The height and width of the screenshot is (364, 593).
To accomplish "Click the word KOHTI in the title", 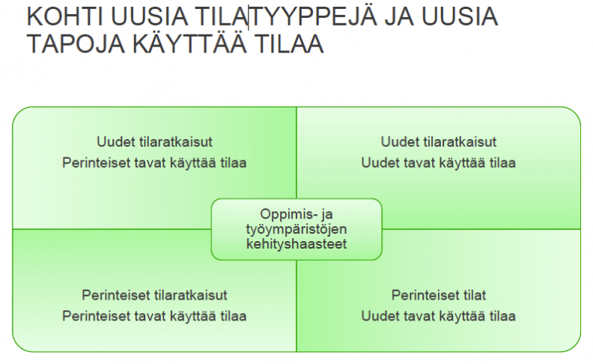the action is pyautogui.click(x=64, y=16).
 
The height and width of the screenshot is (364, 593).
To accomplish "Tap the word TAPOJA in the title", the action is pyautogui.click(x=76, y=43).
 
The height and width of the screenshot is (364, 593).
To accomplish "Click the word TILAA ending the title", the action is pyautogui.click(x=289, y=43).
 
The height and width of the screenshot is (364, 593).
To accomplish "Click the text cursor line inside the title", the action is pyautogui.click(x=249, y=17).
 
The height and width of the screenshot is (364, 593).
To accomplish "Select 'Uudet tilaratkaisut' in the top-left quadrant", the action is pyautogui.click(x=154, y=142).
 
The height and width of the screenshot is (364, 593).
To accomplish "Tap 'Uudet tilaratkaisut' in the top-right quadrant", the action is pyautogui.click(x=438, y=142).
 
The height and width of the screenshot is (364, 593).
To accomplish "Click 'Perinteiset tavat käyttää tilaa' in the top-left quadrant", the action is pyautogui.click(x=154, y=163).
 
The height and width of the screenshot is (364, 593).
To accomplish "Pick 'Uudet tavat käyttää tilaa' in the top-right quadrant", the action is pyautogui.click(x=438, y=163).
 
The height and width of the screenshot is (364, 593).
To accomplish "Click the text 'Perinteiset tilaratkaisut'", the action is pyautogui.click(x=154, y=295).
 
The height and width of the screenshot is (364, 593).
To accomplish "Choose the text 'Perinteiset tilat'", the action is pyautogui.click(x=439, y=295).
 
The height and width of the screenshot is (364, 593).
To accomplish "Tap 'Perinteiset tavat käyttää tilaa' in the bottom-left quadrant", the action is pyautogui.click(x=154, y=316).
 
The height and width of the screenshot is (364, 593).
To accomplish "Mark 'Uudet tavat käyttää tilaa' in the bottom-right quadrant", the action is pyautogui.click(x=438, y=316).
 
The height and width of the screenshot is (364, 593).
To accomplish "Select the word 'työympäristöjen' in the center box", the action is pyautogui.click(x=296, y=229).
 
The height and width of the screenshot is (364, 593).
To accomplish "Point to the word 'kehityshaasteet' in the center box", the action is pyautogui.click(x=296, y=244).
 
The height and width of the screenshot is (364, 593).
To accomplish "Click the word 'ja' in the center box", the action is pyautogui.click(x=327, y=215).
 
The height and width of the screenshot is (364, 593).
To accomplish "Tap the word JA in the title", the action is pyautogui.click(x=399, y=16).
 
